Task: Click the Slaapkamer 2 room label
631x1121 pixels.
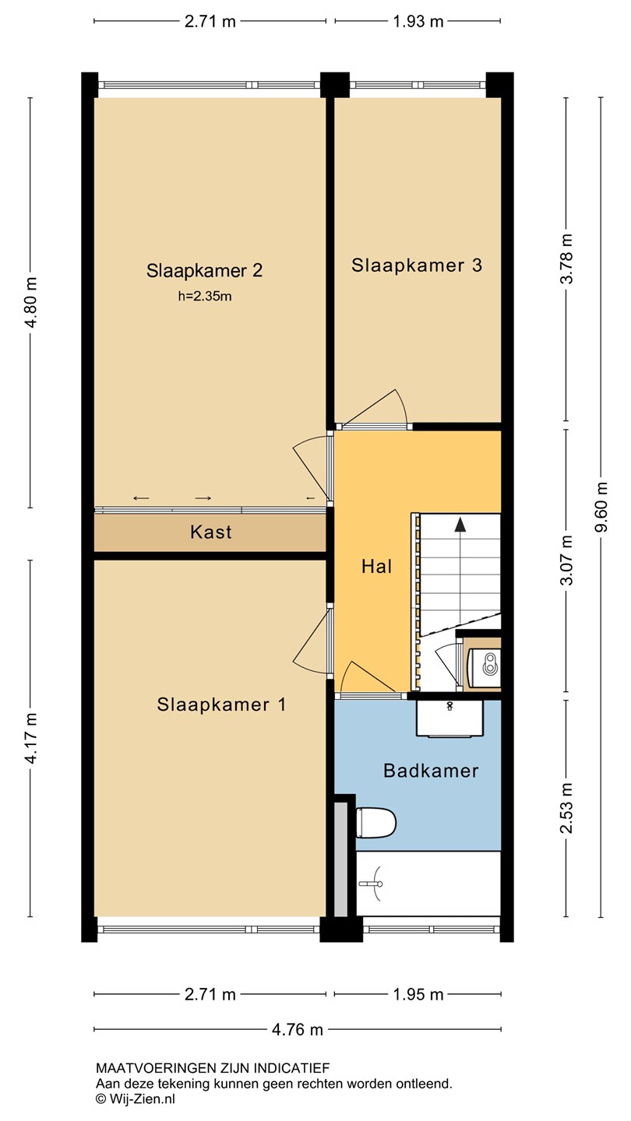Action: click(x=204, y=271)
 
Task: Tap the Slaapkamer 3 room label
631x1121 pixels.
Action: click(x=417, y=265)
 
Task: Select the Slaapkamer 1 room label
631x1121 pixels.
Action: click(x=221, y=705)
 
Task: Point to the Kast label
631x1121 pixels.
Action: click(x=211, y=532)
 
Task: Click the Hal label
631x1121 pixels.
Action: click(x=376, y=567)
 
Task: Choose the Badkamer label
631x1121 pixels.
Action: click(x=431, y=771)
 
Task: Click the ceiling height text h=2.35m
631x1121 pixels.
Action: click(x=205, y=297)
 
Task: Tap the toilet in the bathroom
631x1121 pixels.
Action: click(x=376, y=822)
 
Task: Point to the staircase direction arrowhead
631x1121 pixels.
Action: click(x=460, y=525)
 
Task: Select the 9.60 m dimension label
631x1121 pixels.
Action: click(x=601, y=508)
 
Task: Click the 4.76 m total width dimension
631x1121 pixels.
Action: click(x=298, y=1029)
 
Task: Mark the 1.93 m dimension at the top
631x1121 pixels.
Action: click(x=418, y=22)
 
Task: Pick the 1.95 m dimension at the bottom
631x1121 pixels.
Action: click(x=418, y=994)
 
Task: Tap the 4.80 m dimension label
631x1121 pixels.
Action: click(x=30, y=302)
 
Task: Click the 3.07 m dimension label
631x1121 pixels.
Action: click(x=566, y=560)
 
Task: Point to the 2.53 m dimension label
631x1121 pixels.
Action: click(x=566, y=808)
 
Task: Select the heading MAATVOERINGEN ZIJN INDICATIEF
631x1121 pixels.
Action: click(x=213, y=1068)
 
